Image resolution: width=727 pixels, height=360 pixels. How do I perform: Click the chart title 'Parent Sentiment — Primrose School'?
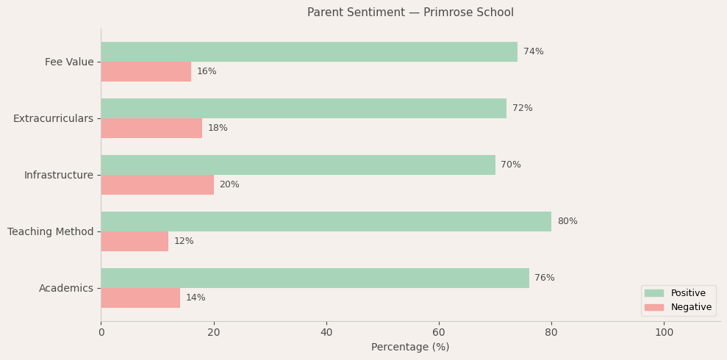[410, 12]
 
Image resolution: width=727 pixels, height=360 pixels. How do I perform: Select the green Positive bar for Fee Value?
[309, 51]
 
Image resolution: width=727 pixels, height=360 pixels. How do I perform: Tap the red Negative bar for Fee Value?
[146, 71]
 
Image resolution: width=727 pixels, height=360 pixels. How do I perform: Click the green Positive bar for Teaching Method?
[326, 221]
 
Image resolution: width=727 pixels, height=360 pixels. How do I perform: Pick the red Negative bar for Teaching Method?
[135, 241]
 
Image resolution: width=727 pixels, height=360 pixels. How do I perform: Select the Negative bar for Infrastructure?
[157, 184]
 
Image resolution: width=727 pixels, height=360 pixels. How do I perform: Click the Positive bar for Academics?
[315, 278]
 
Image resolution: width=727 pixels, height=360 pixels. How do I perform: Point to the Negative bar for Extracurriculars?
[151, 128]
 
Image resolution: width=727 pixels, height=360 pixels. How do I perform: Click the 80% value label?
[567, 221]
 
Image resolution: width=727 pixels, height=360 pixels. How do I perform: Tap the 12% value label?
[184, 241]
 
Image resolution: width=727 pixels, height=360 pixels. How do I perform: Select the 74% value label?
[533, 51]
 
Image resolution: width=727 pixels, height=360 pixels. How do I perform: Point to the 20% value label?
[229, 184]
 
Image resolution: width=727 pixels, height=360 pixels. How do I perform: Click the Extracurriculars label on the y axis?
[53, 118]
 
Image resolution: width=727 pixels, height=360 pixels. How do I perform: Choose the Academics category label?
[66, 288]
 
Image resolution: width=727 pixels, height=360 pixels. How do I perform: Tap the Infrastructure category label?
[59, 175]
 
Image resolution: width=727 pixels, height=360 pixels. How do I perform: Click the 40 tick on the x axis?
[326, 332]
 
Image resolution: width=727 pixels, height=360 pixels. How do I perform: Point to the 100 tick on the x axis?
[664, 332]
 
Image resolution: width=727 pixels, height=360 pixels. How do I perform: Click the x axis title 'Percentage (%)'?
[410, 347]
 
